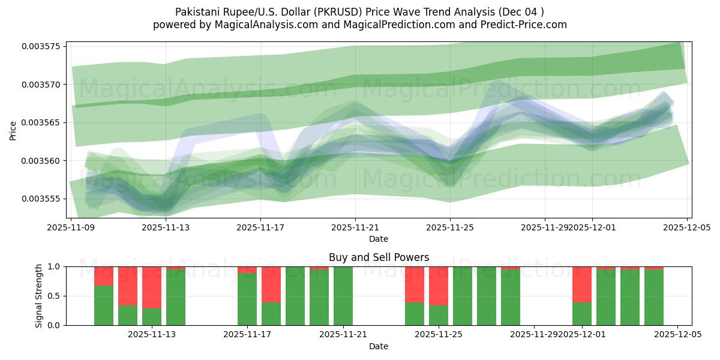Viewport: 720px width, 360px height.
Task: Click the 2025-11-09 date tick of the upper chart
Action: (x=71, y=227)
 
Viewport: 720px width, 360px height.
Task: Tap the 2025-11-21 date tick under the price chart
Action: (x=355, y=227)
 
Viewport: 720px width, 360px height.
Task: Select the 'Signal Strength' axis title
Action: (x=38, y=296)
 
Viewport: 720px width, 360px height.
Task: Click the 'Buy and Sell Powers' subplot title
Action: (x=379, y=257)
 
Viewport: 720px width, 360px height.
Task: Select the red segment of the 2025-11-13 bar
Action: (x=152, y=287)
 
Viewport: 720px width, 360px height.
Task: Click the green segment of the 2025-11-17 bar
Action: (x=247, y=299)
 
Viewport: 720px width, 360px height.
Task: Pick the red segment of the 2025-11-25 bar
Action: (x=439, y=286)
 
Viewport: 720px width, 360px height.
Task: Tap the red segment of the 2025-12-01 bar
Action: (x=582, y=284)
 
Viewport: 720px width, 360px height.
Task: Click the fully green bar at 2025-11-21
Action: (x=343, y=296)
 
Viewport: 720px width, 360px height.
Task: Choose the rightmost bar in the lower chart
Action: (x=654, y=297)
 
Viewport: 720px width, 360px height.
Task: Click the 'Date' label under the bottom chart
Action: (x=379, y=346)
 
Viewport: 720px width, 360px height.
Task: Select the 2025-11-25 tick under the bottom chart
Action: (x=439, y=334)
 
